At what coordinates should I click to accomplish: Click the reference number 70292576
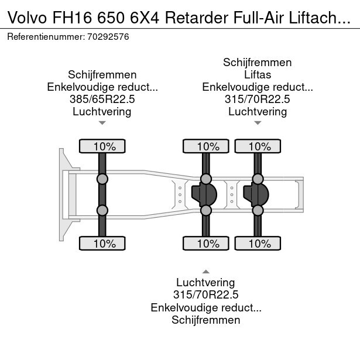[108, 37]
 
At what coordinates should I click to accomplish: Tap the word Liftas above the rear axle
[258, 74]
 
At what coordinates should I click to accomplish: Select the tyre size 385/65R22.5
[102, 99]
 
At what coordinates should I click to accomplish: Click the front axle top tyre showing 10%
[102, 146]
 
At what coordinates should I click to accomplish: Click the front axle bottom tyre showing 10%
[102, 244]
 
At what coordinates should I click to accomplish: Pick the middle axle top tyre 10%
[206, 146]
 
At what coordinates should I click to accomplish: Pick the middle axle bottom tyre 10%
[206, 244]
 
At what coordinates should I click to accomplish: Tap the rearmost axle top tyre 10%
[258, 146]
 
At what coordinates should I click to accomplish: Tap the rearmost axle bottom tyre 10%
[258, 244]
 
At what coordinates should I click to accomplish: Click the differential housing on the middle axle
[204, 195]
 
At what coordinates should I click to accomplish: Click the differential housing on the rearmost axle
[256, 195]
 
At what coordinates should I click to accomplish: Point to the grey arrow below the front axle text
[102, 123]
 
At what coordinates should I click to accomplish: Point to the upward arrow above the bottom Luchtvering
[206, 272]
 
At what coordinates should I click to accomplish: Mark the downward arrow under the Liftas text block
[258, 123]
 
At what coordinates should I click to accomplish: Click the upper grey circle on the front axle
[102, 179]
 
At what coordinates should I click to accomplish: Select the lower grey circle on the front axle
[102, 210]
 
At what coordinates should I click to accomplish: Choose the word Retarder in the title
[197, 18]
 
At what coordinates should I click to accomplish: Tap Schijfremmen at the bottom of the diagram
[206, 320]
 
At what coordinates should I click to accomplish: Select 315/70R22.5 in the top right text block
[258, 99]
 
